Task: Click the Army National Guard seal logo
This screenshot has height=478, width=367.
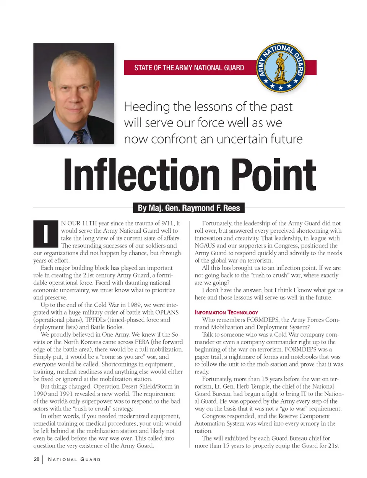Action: click(281, 68)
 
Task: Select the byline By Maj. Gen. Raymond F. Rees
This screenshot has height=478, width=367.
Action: click(188, 208)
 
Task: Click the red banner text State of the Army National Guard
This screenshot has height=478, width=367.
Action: click(189, 68)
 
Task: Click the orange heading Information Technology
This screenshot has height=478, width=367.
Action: click(226, 312)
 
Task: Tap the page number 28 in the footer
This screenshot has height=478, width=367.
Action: click(36, 459)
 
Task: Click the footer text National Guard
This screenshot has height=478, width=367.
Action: click(74, 459)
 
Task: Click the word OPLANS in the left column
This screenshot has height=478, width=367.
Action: click(167, 312)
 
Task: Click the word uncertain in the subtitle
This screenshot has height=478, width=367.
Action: click(241, 139)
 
